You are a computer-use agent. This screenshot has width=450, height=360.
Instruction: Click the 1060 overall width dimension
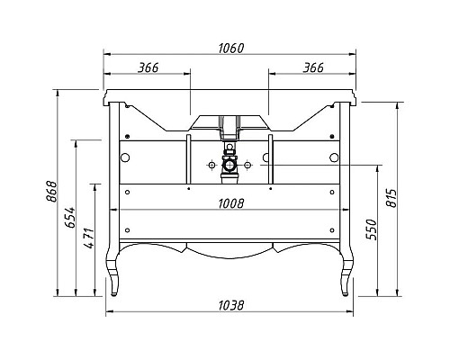click(x=231, y=49)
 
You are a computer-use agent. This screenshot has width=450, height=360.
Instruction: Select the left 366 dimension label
click(x=148, y=67)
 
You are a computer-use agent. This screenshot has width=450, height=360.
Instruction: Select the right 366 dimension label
click(x=313, y=67)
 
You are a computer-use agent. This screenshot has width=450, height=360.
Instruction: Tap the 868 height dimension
click(x=51, y=192)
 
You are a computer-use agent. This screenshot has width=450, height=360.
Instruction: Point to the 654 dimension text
click(x=70, y=217)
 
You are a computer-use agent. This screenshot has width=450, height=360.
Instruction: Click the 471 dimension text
click(x=89, y=238)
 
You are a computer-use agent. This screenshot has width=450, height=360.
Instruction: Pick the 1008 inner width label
click(x=231, y=204)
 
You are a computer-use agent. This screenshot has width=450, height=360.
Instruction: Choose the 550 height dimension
click(x=372, y=229)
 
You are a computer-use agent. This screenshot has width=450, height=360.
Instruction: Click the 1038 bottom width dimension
click(x=231, y=306)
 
